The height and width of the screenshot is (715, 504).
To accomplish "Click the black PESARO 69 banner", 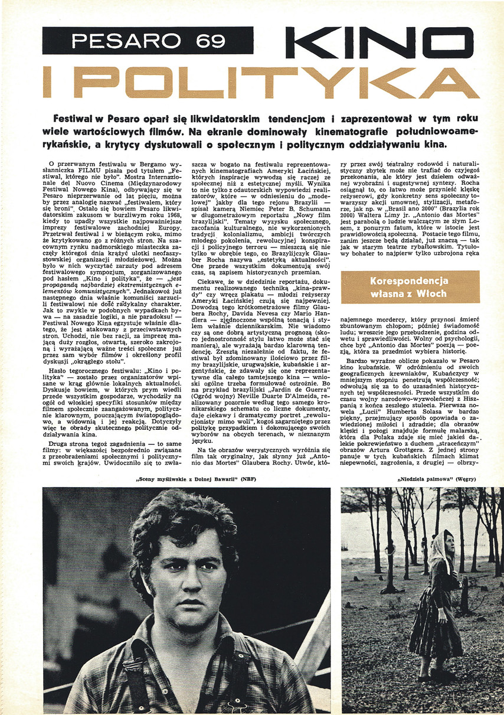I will click(x=148, y=41).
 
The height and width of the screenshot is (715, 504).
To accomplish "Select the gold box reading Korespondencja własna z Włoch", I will click(x=410, y=288).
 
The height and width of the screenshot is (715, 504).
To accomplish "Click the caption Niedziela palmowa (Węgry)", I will click(x=436, y=479).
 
